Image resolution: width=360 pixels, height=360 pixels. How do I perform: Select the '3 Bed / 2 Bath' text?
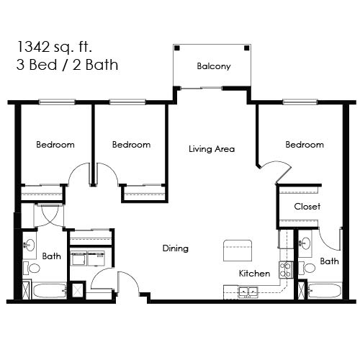click(x=66, y=64)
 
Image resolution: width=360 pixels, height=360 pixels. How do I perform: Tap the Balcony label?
click(x=214, y=67)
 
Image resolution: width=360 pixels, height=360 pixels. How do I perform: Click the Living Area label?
click(x=212, y=149)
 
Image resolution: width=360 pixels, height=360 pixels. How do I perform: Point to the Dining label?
click(x=175, y=248)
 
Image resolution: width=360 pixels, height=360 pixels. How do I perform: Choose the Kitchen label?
click(x=255, y=274)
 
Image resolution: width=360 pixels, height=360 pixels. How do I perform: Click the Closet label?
click(x=307, y=207)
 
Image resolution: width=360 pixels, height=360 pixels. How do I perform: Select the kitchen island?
click(x=239, y=250)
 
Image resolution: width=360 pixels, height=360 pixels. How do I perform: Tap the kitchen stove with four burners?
click(x=285, y=270)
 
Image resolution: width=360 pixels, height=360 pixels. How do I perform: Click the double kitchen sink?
click(x=249, y=292)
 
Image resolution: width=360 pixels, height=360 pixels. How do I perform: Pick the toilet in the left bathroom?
click(x=32, y=268)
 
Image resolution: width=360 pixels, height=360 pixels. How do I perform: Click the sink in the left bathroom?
click(x=30, y=245)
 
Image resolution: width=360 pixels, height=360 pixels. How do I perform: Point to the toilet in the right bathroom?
click(x=308, y=268)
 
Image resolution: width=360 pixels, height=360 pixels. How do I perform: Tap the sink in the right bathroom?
click(x=305, y=243)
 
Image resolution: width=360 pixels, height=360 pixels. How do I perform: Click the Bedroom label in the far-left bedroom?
click(x=55, y=145)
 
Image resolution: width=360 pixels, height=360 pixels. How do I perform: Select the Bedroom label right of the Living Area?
click(x=305, y=145)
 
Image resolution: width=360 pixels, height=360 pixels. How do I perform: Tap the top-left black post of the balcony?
click(x=177, y=48)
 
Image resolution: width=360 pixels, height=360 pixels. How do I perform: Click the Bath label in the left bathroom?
click(x=51, y=256)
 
